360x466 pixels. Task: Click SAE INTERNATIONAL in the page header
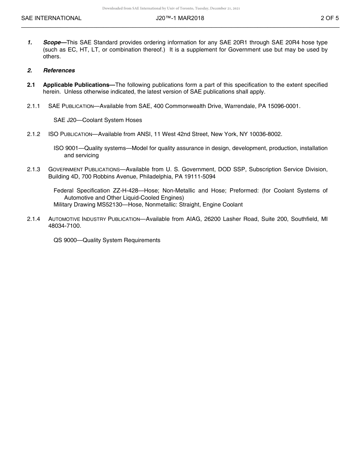(51, 18)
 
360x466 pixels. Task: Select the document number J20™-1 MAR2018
(180, 18)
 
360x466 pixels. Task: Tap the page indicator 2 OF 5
(329, 18)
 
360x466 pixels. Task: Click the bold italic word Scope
(52, 42)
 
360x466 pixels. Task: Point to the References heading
(59, 70)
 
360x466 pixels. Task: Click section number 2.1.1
(33, 106)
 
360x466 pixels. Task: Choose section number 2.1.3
(33, 169)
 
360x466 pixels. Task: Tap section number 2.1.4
(33, 219)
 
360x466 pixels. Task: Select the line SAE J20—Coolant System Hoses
(98, 120)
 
